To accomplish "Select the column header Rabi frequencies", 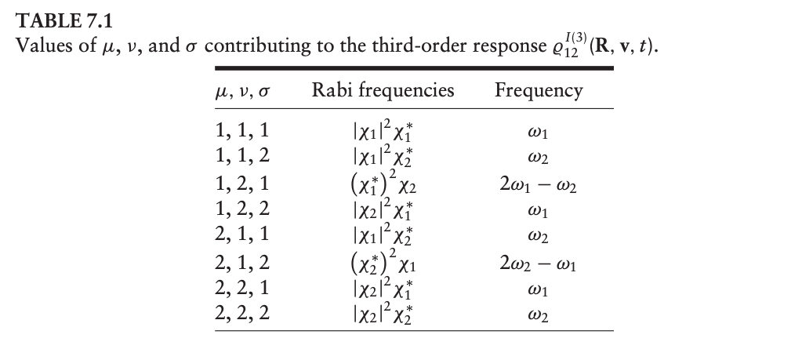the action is click(383, 90).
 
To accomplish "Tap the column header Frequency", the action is click(539, 90).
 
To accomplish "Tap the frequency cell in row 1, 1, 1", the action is click(539, 129).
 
